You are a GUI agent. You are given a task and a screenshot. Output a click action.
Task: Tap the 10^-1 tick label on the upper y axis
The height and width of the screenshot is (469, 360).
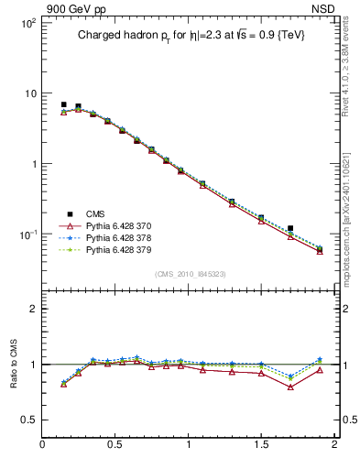(x=26, y=235)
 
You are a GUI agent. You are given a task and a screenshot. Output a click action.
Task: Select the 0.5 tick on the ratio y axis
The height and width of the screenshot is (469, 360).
(x=28, y=420)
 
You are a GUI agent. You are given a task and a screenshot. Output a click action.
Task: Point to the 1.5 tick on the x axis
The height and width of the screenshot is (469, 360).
(x=261, y=445)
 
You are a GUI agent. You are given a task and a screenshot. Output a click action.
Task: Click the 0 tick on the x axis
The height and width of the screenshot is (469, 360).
(x=43, y=445)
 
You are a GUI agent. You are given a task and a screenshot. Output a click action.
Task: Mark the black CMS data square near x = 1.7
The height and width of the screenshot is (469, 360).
(x=290, y=228)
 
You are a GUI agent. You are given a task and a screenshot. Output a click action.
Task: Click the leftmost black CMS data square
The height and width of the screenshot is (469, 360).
(x=63, y=104)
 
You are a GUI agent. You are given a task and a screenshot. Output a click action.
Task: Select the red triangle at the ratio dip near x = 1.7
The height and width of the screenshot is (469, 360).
(x=290, y=387)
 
